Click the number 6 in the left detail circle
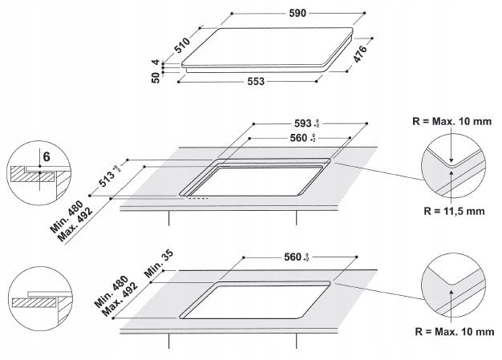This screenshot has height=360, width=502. coord(46,155)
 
